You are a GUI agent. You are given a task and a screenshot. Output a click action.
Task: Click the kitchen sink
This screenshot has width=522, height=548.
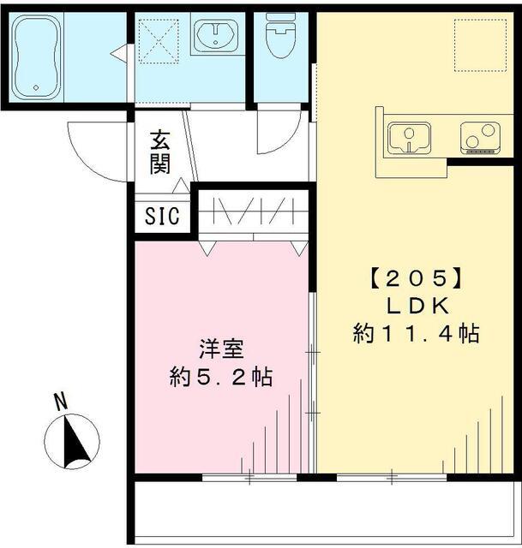point(410,137)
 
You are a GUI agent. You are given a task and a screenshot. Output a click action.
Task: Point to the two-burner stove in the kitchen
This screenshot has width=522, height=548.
point(478,137)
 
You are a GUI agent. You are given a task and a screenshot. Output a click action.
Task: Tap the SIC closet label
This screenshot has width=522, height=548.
point(162,216)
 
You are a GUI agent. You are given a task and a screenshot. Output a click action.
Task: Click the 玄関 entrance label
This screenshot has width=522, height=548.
point(159,152)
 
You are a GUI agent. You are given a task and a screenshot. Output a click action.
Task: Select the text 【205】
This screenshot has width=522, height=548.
point(417,278)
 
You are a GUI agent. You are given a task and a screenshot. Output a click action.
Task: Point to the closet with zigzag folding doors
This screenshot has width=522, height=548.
point(253,211)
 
